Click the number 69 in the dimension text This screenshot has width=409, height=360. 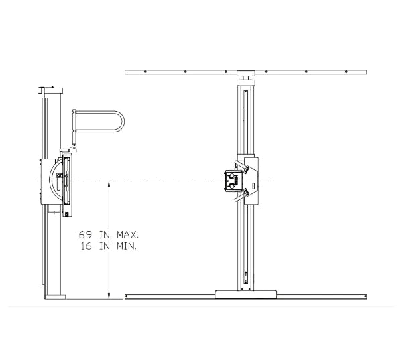tap(86, 235)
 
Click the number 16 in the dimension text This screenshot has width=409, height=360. tap(86, 246)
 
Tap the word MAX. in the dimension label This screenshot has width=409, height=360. tap(127, 235)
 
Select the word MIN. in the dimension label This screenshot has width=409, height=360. tap(127, 246)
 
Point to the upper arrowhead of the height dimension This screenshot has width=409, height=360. tap(109, 184)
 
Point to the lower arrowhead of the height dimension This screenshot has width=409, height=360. tap(109, 296)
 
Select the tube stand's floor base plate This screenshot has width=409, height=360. tap(245, 294)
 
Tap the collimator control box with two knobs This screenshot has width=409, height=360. tap(234, 181)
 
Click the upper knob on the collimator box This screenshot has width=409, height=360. tap(231, 177)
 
